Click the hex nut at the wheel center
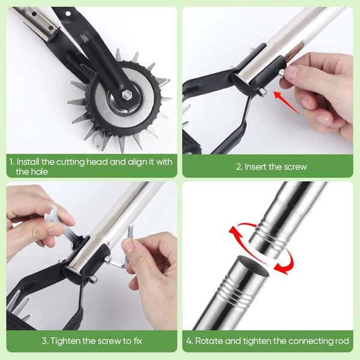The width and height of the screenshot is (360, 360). coord(126,94)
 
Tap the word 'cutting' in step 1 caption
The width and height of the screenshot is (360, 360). coord(70,162)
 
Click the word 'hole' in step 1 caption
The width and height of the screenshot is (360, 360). coord(40,172)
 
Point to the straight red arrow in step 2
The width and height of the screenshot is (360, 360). coord(287,103)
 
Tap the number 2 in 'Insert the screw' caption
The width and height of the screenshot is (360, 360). coord(239,167)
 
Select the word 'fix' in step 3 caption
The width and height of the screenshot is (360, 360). coord(138,341)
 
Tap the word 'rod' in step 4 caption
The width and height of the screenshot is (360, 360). coord(343,341)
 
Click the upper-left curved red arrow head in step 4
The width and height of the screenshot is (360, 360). coord(233,232)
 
